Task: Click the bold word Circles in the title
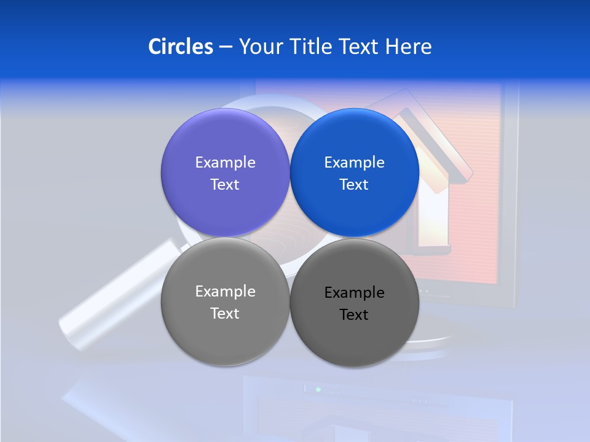pos(181,47)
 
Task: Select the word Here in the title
pos(409,47)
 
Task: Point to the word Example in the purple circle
pos(225,162)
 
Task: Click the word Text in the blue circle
pos(354,184)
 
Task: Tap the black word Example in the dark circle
pos(354,292)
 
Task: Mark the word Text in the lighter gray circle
pos(225,313)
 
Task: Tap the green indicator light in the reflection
pos(318,389)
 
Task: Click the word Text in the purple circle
pos(225,184)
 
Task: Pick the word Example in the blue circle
pos(354,162)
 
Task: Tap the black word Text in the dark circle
pos(354,314)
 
